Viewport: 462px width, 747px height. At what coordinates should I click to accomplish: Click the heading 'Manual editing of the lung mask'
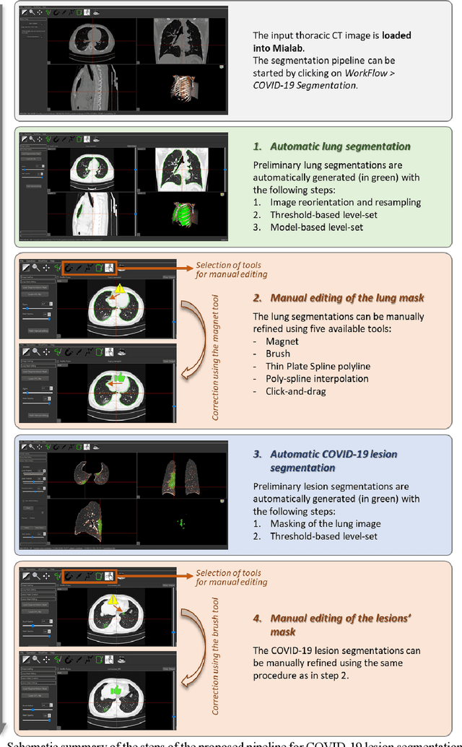[x=348, y=297]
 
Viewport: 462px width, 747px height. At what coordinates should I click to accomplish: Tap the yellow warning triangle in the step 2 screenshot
[x=121, y=290]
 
